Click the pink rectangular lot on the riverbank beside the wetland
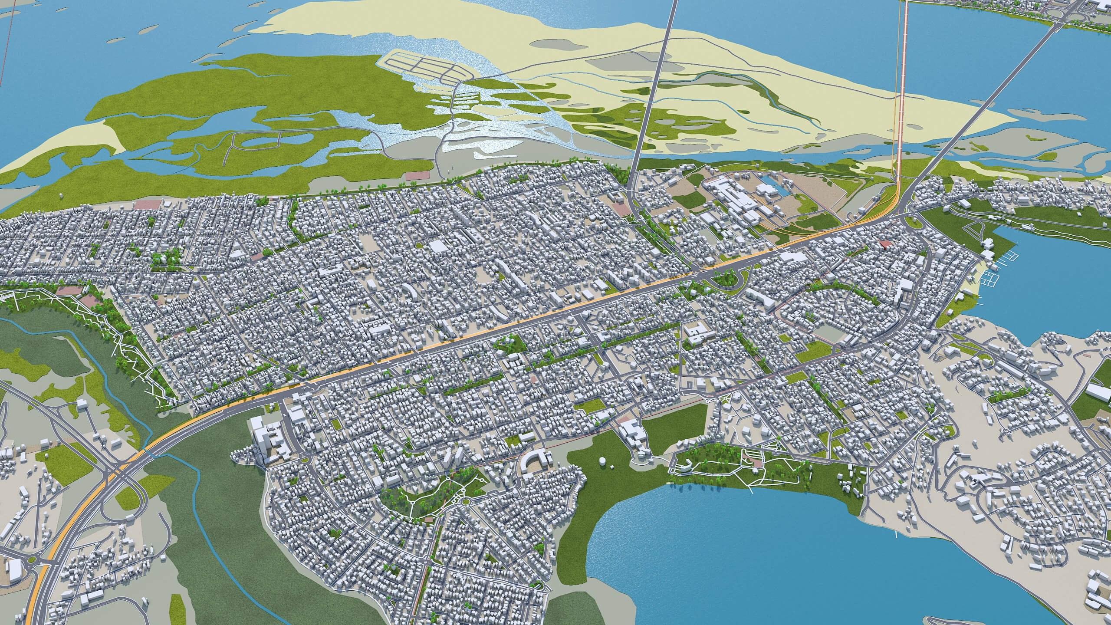pyautogui.click(x=417, y=177)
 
